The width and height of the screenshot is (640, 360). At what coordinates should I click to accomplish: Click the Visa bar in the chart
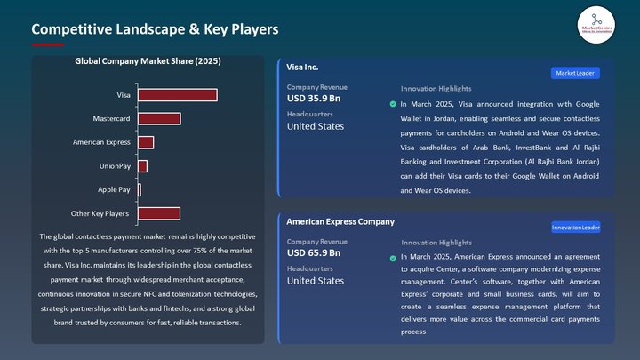coord(177,95)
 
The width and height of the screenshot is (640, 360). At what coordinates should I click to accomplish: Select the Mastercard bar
coord(159,118)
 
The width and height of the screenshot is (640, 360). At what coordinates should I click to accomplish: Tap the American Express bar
coord(146,142)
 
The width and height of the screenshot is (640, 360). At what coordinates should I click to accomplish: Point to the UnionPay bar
coord(142,165)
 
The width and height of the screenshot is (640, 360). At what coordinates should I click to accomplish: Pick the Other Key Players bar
coord(159,213)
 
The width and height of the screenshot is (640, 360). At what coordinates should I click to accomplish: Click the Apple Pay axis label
coord(114,189)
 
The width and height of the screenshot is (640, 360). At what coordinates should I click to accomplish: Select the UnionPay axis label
coord(115,165)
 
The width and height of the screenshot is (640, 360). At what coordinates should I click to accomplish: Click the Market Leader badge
coord(575,73)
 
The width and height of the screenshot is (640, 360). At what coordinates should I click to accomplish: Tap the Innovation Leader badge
coord(575,228)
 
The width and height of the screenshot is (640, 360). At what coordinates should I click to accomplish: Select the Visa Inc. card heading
coord(302,68)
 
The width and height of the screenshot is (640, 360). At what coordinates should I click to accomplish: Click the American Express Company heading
coord(340,221)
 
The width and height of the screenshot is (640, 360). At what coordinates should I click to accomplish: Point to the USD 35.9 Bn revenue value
coord(314,99)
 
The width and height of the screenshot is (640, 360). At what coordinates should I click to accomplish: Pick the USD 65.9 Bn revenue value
coord(314,253)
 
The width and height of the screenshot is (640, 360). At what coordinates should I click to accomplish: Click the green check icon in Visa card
coord(393,104)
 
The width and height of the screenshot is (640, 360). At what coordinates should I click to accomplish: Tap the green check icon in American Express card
coord(393,259)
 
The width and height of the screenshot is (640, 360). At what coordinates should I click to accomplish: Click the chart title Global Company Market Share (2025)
coord(148,62)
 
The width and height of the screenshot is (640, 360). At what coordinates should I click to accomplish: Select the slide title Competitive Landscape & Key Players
coord(155,29)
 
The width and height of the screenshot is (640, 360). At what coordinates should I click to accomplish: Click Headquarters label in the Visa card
coord(310,114)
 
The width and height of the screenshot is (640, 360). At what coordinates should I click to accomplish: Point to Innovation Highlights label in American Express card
coord(436,243)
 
